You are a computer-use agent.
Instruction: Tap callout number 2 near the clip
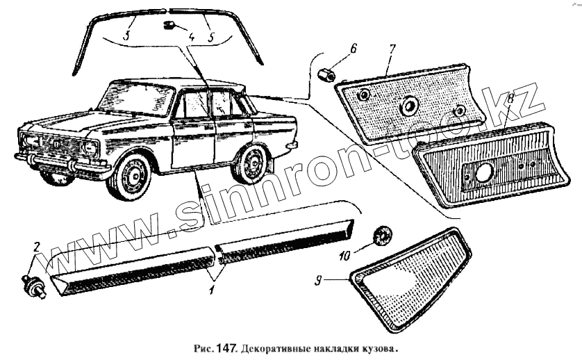(38, 247)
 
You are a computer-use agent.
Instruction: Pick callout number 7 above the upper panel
(392, 51)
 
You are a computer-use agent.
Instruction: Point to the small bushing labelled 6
(325, 72)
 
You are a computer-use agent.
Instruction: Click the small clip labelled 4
(168, 26)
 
